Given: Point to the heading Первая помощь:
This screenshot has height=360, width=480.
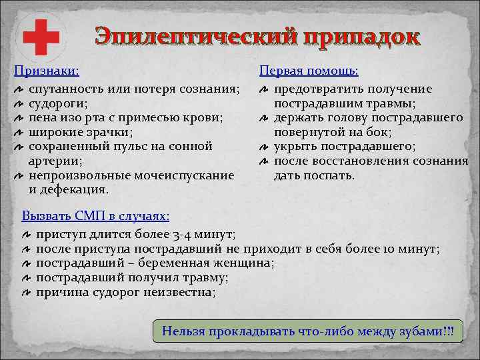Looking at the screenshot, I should tap(308, 70).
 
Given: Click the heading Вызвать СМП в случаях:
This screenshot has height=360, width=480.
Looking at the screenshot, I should tap(95, 216).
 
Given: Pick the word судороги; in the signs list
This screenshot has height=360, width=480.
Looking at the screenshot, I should tap(58, 103).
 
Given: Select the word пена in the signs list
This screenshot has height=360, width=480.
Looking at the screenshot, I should tap(43, 117).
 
